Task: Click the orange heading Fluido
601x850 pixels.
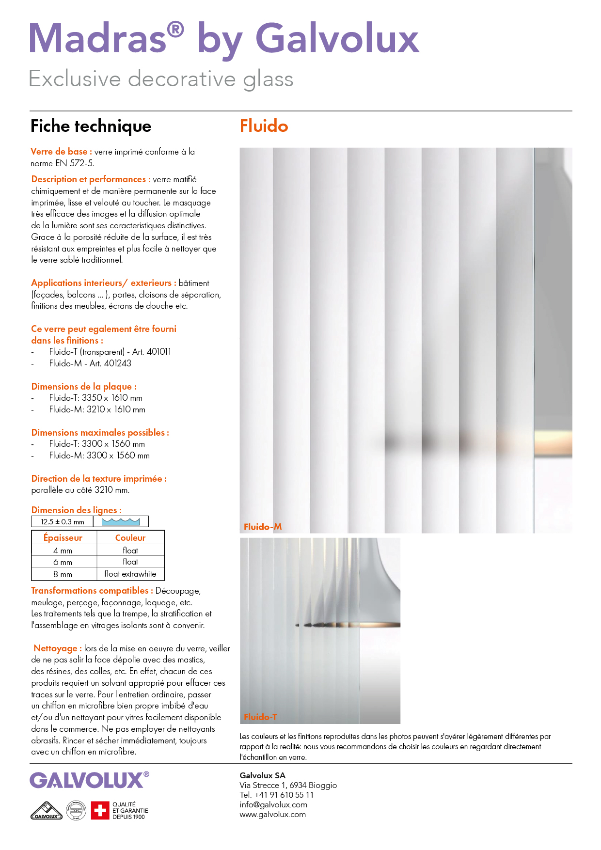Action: click(x=264, y=126)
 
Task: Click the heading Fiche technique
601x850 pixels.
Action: click(x=91, y=126)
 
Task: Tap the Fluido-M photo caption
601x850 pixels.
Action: click(x=263, y=527)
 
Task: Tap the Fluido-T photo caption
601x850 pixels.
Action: click(x=260, y=717)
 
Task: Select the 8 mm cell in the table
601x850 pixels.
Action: click(x=63, y=574)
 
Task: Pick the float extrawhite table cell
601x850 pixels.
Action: click(x=130, y=574)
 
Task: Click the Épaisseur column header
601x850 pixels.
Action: click(x=63, y=538)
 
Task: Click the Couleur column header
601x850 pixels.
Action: click(x=130, y=538)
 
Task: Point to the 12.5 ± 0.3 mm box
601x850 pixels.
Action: click(x=63, y=522)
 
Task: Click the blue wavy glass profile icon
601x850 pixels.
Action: click(x=121, y=522)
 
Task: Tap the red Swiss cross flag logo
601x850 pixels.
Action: click(x=100, y=810)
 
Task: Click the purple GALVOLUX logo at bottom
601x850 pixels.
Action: click(x=87, y=781)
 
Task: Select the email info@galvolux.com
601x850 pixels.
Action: click(x=273, y=805)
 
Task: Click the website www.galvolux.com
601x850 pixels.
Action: click(x=272, y=815)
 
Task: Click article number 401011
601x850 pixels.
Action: click(x=158, y=352)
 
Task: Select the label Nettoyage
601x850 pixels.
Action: click(x=55, y=648)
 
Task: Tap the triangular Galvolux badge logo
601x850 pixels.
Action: click(x=47, y=811)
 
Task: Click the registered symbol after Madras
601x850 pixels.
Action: click(x=175, y=30)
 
